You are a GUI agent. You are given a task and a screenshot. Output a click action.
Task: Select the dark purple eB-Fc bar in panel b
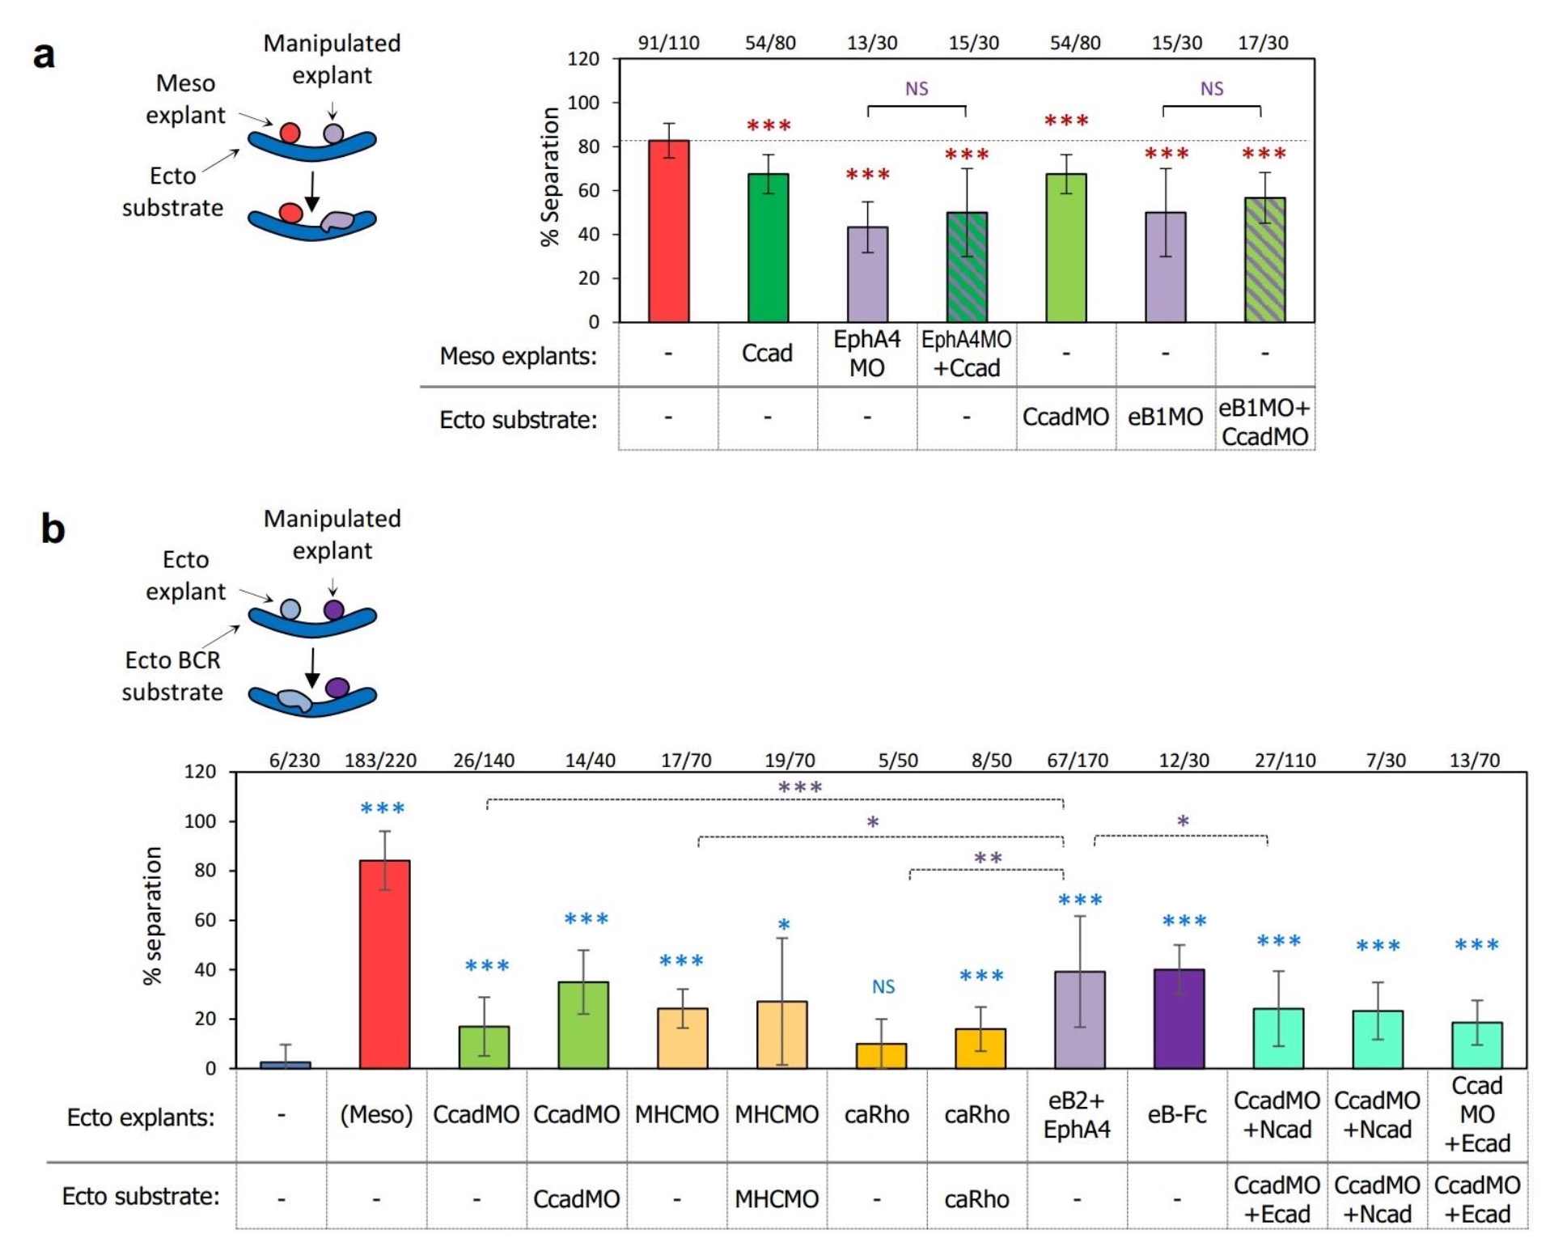[1179, 1019]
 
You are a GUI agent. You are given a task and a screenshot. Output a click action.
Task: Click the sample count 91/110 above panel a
[668, 43]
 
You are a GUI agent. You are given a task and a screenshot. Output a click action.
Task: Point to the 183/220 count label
[380, 761]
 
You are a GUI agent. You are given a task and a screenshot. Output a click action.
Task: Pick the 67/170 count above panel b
[1078, 761]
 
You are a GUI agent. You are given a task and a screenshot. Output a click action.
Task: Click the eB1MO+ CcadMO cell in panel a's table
[1264, 422]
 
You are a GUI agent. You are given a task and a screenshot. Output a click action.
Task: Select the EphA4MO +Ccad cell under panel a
[966, 354]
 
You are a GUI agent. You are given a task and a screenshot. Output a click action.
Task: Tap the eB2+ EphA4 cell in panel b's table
[1077, 1115]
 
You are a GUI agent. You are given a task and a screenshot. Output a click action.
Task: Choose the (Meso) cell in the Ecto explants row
[376, 1115]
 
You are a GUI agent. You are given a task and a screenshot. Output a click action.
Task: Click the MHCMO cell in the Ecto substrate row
[777, 1198]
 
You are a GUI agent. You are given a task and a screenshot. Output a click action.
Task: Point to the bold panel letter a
[44, 55]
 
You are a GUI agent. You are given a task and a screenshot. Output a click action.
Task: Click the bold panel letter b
[53, 529]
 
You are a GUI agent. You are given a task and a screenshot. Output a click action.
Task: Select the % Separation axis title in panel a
[550, 176]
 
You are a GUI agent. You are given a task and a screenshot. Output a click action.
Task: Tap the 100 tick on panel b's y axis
[200, 821]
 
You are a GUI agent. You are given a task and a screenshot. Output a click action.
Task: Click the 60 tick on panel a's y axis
[588, 191]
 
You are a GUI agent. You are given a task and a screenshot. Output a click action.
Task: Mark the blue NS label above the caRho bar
[883, 987]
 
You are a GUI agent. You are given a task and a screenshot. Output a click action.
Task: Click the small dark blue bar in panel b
[285, 1064]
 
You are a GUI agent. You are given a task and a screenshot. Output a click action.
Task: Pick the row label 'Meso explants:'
[518, 355]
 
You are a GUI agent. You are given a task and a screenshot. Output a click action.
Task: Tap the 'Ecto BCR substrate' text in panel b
[172, 676]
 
